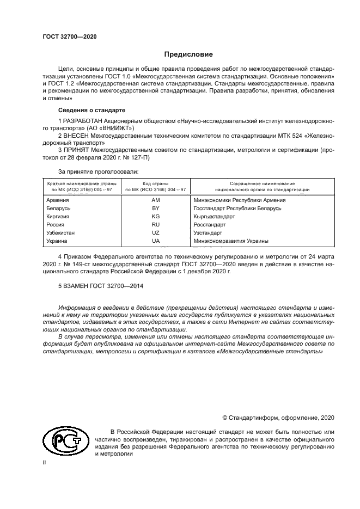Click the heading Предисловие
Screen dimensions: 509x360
pos(189,54)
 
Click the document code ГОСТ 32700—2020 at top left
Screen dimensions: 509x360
pos(69,36)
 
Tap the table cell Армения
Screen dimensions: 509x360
pos(58,200)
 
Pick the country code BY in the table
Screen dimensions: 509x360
pos(155,208)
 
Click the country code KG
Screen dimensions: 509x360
pos(155,216)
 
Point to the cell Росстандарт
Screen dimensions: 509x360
pos(209,224)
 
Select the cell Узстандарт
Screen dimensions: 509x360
pos(208,232)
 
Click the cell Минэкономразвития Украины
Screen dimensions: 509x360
pos(231,241)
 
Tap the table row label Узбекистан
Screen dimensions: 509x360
pos(62,232)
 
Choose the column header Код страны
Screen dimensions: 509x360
pos(155,184)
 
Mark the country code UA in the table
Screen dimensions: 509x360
pos(155,241)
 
